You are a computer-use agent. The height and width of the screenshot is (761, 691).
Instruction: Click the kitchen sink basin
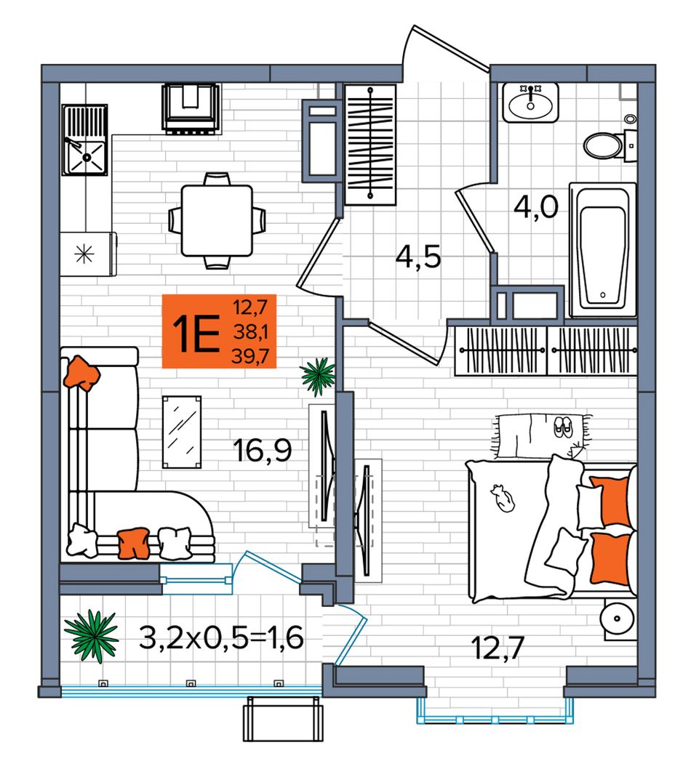[x=86, y=156]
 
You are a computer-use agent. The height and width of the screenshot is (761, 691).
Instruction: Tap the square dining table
[x=217, y=220]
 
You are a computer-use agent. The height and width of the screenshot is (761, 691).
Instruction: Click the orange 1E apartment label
[x=219, y=331]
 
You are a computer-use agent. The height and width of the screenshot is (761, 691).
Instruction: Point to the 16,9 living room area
[x=263, y=450]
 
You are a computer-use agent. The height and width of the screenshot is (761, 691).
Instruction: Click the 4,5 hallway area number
[x=418, y=257]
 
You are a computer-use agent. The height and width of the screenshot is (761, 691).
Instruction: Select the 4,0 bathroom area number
[x=536, y=207]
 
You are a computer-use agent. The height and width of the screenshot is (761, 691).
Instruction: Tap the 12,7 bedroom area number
[x=498, y=648]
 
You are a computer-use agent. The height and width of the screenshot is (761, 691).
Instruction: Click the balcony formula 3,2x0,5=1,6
[x=221, y=637]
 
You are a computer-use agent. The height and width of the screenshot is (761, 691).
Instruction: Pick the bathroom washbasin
[x=530, y=103]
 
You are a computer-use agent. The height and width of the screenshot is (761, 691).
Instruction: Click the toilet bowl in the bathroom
[x=603, y=145]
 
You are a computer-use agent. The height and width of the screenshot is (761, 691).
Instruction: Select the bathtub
[x=602, y=250]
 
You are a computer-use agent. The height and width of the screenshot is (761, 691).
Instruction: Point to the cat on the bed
[x=502, y=497]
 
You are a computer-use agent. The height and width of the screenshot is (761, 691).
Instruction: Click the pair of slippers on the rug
[x=563, y=427]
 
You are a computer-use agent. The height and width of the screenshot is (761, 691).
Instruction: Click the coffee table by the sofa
[x=182, y=432]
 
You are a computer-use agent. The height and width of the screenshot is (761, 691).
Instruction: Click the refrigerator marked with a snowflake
[x=88, y=254]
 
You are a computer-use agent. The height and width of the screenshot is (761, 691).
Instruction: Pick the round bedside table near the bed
[x=618, y=619]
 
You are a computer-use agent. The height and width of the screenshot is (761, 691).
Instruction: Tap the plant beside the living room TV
[x=318, y=377]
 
